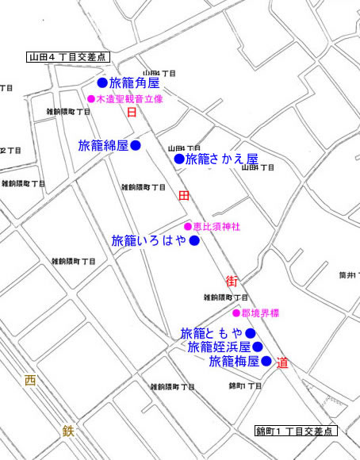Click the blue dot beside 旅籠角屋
pos(102,82)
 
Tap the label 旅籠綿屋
pos(103,146)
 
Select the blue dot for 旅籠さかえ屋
pos(179,159)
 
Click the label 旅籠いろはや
pos(149,240)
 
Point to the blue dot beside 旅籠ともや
pos(250,333)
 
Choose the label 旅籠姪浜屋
pos(219,347)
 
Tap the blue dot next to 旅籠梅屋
pos(266,362)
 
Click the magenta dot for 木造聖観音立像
pos(91,99)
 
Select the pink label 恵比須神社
pos(216,227)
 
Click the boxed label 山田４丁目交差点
pos(67,57)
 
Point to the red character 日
pos(132,113)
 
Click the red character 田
pos(183,195)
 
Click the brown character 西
pos(30,381)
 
